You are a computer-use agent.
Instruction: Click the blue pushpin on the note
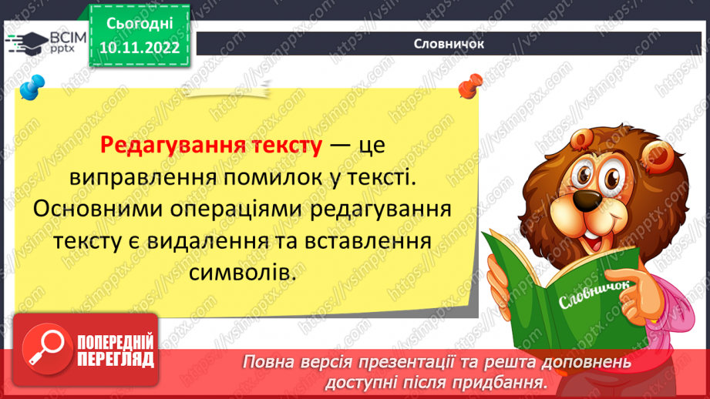point(31,86)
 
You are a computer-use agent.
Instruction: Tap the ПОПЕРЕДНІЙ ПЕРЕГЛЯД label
point(115,350)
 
